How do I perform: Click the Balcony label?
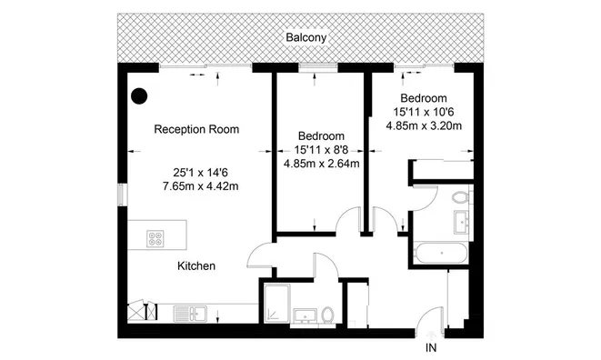pos(306,38)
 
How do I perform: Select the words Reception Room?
pos(196,129)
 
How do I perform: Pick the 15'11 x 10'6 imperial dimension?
pos(424,112)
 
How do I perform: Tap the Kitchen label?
pos(195,266)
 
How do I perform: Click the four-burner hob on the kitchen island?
pos(156,240)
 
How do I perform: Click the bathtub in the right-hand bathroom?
pos(440,254)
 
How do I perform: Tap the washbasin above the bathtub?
pos(460,221)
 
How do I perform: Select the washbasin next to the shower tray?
pos(305,316)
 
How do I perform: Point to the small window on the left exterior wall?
pos(120,197)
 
